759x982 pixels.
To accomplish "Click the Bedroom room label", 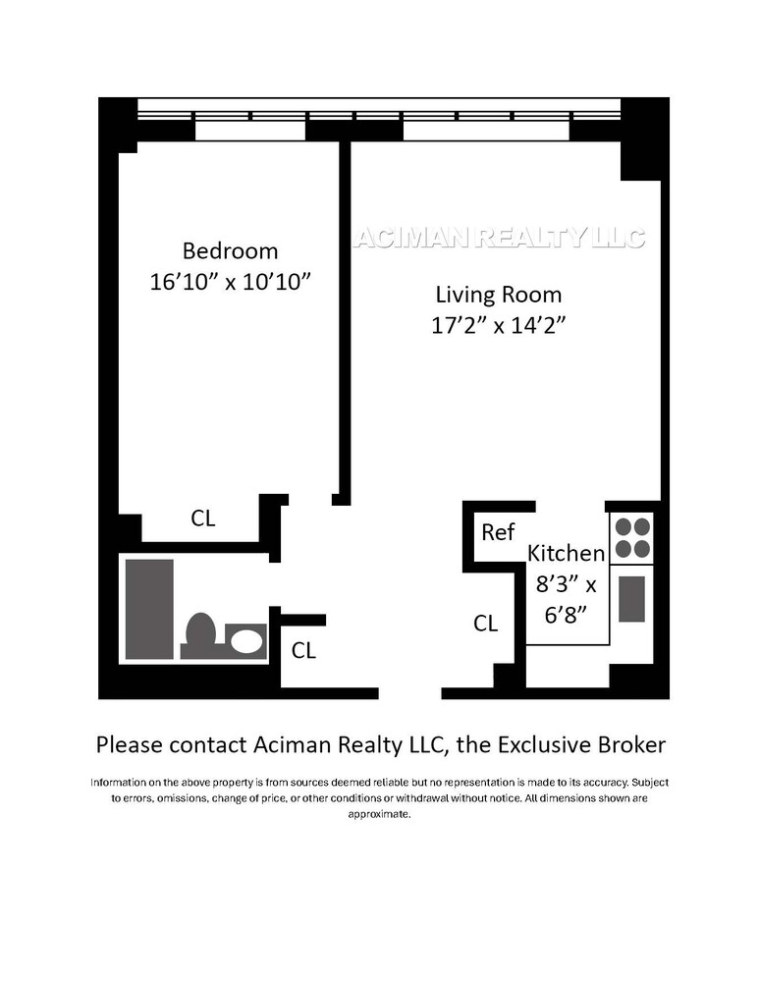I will (x=230, y=250).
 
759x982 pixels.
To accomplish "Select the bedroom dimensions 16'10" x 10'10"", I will (x=230, y=282).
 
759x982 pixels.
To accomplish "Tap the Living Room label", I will (x=499, y=294).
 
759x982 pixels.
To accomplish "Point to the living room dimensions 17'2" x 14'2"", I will (x=499, y=326).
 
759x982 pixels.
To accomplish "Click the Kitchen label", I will (x=567, y=553).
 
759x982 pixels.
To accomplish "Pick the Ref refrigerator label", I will (x=498, y=532).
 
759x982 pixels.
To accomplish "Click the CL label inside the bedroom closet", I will (x=203, y=518).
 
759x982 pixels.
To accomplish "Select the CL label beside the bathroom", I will (x=304, y=650).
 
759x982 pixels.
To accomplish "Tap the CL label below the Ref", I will (x=486, y=624).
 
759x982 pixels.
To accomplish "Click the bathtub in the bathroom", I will (x=149, y=609).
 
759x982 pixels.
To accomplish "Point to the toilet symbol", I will (x=201, y=634).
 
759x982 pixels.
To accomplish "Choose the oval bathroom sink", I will (x=245, y=642).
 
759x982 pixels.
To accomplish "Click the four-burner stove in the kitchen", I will (x=632, y=537).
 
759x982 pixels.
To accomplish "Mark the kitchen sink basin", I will (x=632, y=599).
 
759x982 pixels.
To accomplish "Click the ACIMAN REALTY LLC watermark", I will (x=499, y=238).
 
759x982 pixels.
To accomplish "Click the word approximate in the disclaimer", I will (x=379, y=815).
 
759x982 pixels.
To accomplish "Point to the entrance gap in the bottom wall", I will (x=409, y=692).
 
